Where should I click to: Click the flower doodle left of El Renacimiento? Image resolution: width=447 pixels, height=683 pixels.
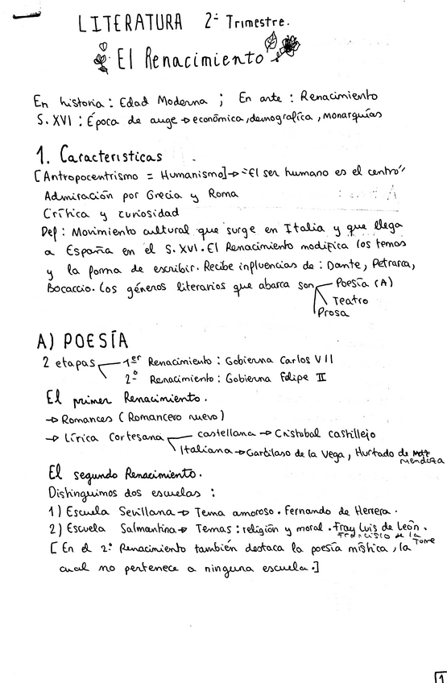coord(101,60)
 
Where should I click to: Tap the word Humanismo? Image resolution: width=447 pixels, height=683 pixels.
coord(187,176)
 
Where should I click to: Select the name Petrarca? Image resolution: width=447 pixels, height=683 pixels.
coord(412,263)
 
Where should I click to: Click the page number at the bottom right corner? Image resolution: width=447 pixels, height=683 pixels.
coord(441,677)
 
